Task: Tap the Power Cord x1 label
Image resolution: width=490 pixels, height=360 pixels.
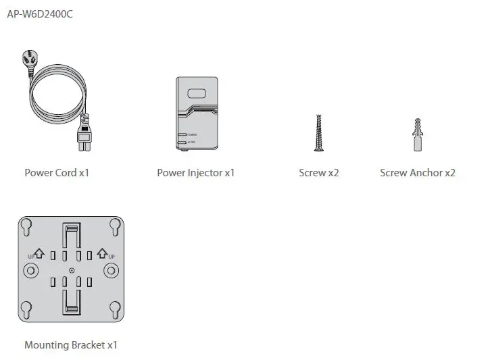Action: point(57,173)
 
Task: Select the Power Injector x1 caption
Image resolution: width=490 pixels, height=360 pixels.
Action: point(195,173)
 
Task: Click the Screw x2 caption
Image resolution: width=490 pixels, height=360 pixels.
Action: point(318,173)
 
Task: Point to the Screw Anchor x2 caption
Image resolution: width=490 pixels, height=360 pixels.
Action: point(417,173)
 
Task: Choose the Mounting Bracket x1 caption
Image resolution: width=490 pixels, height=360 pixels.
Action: point(70,345)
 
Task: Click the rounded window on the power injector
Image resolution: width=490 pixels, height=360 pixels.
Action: point(197,95)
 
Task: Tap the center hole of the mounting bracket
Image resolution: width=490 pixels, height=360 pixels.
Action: point(72,271)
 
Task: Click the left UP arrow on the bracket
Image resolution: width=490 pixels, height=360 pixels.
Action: point(39,254)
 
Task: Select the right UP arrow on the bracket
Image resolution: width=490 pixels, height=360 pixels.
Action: point(103,254)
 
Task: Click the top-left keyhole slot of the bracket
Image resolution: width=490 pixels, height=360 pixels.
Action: point(26,226)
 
